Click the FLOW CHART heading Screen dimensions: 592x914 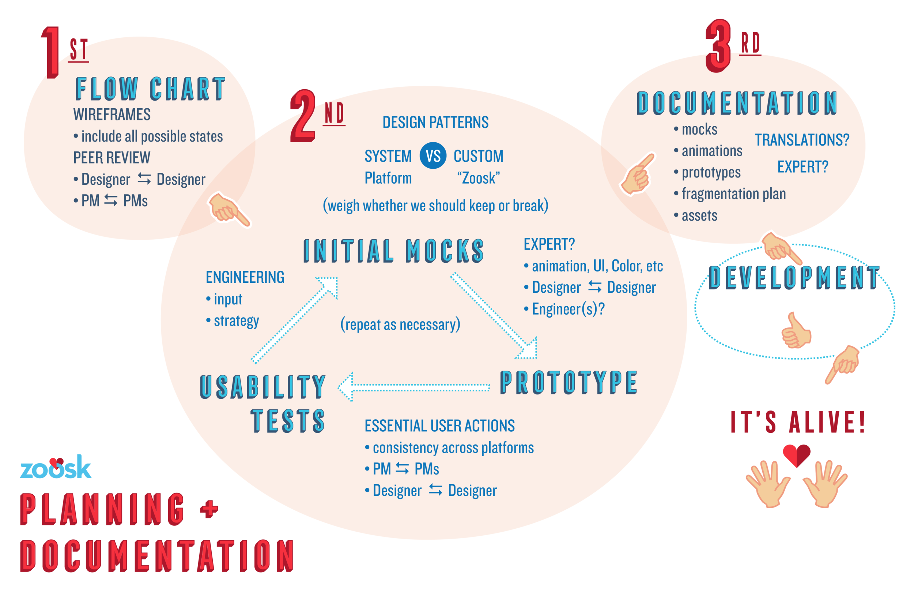(x=150, y=89)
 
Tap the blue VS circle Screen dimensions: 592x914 (x=433, y=156)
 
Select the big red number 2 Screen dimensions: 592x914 (x=303, y=116)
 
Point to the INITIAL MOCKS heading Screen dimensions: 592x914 (x=393, y=251)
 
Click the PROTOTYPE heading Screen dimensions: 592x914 (x=569, y=383)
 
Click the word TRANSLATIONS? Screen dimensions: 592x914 (x=802, y=140)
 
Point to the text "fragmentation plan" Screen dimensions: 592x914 (x=733, y=194)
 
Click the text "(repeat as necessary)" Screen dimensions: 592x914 (x=400, y=325)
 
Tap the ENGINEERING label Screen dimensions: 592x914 (x=245, y=278)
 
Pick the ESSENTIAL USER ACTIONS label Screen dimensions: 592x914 (x=439, y=426)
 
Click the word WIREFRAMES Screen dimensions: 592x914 (x=112, y=115)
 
